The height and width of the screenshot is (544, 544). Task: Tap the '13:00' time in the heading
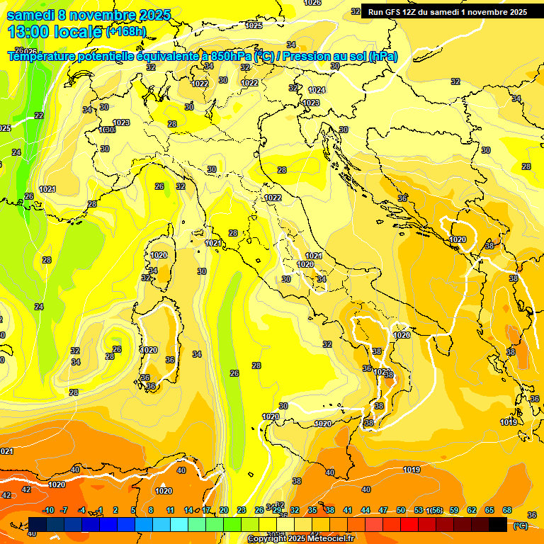pyautogui.click(x=28, y=31)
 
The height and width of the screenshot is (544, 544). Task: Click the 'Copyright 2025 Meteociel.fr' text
pyautogui.click(x=301, y=539)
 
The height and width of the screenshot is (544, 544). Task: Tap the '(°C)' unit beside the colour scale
pyautogui.click(x=521, y=526)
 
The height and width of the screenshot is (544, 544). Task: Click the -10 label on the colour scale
pyautogui.click(x=48, y=510)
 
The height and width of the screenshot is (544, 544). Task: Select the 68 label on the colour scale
pyautogui.click(x=507, y=510)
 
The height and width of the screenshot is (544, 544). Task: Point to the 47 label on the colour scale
pyautogui.click(x=383, y=510)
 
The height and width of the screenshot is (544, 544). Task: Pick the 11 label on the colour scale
pyautogui.click(x=171, y=510)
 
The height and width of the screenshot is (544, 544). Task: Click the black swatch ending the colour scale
pyautogui.click(x=498, y=524)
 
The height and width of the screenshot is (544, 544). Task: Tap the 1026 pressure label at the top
pyautogui.click(x=312, y=3)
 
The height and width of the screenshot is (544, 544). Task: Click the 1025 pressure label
pyautogui.click(x=254, y=25)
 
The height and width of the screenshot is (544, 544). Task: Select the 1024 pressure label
pyautogui.click(x=317, y=90)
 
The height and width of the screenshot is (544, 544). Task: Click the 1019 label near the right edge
pyautogui.click(x=509, y=423)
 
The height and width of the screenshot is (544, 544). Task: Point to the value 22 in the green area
pyautogui.click(x=39, y=115)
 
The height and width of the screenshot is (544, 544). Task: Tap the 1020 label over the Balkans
pyautogui.click(x=458, y=239)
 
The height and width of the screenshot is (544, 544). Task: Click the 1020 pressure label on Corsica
pyautogui.click(x=159, y=255)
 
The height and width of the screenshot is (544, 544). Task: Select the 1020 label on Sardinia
pyautogui.click(x=149, y=350)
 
